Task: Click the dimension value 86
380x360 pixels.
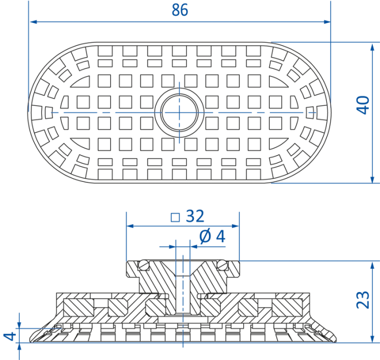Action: tap(180, 10)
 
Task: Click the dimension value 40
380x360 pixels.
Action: tap(363, 105)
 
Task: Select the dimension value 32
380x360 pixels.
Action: tap(195, 216)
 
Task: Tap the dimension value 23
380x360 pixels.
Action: tap(363, 300)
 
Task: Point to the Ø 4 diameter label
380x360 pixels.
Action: tap(212, 236)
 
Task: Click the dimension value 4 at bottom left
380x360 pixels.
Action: tap(10, 337)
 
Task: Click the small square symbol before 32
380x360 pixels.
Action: tap(175, 217)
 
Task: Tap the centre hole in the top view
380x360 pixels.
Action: tap(179, 112)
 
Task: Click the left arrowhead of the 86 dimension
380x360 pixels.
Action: tap(33, 22)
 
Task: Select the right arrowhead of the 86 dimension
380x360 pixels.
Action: tap(327, 22)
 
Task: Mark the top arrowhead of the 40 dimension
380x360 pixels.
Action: tap(372, 47)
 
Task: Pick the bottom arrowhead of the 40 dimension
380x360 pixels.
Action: tap(372, 179)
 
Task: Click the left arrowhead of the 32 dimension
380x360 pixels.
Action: tap(130, 226)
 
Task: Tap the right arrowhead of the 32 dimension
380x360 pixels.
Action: tap(235, 226)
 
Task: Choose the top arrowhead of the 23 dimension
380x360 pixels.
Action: tap(372, 266)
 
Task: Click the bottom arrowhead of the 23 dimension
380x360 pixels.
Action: tap(372, 339)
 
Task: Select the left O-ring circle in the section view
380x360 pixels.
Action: tap(144, 265)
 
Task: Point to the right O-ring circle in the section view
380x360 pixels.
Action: tap(222, 265)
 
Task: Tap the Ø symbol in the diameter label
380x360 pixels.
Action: tap(205, 236)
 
